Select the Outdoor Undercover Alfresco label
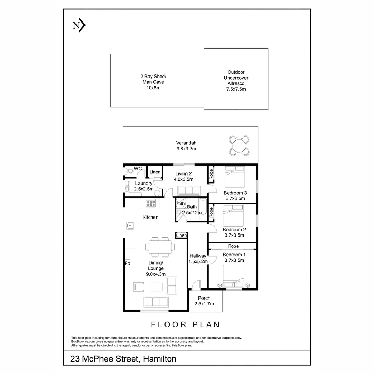(x=236, y=81)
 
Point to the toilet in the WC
(x=129, y=171)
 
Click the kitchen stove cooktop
(x=151, y=203)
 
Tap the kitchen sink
(x=130, y=226)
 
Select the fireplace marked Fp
(x=127, y=264)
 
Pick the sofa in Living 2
(x=188, y=190)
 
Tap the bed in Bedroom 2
(x=233, y=214)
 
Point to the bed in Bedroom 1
(x=234, y=277)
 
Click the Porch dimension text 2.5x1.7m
(x=204, y=304)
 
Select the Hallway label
(x=198, y=256)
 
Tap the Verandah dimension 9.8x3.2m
(x=186, y=149)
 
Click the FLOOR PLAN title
(x=186, y=324)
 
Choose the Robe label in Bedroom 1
(x=233, y=246)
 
